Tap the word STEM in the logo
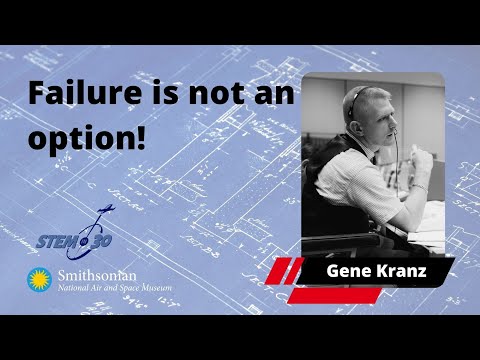[58, 240]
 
